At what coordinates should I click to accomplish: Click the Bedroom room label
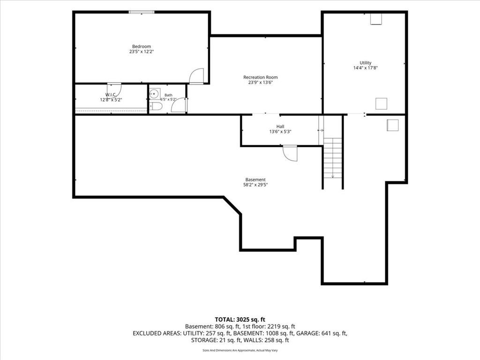[142, 46]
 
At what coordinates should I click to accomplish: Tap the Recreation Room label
[261, 77]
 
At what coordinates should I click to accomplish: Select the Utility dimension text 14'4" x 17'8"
[366, 68]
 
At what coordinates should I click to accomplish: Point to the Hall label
[280, 127]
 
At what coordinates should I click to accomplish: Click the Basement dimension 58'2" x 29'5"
[255, 185]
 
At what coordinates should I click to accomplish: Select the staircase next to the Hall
[333, 158]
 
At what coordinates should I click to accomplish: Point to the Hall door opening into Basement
[290, 153]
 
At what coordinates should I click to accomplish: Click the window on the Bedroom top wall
[142, 12]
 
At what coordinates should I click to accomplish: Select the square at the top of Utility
[376, 19]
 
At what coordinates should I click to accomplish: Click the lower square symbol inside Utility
[381, 104]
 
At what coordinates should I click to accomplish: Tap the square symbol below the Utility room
[392, 125]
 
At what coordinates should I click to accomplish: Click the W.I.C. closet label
[111, 95]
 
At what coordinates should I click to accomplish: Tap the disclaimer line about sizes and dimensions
[240, 350]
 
